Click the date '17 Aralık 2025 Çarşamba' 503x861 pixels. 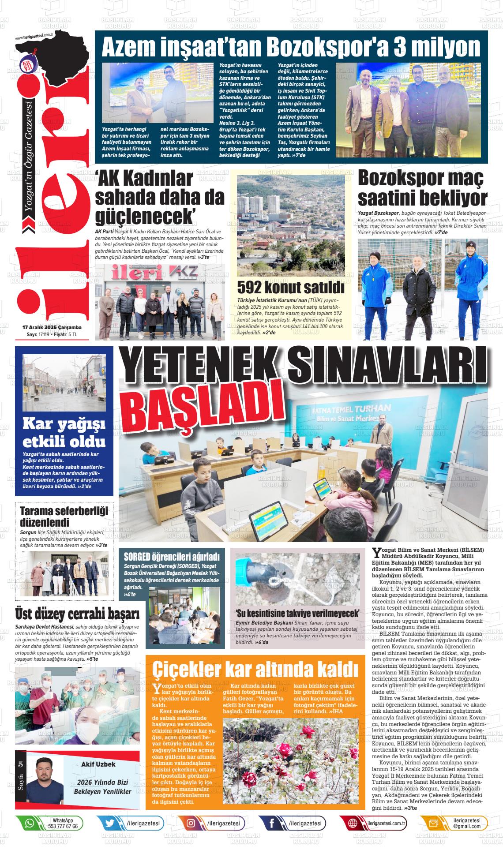[x=52, y=328]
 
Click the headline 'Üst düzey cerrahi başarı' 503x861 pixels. [x=77, y=614]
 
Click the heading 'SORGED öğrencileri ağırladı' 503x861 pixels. [x=172, y=556]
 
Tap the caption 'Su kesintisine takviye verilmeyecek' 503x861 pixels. [x=297, y=614]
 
